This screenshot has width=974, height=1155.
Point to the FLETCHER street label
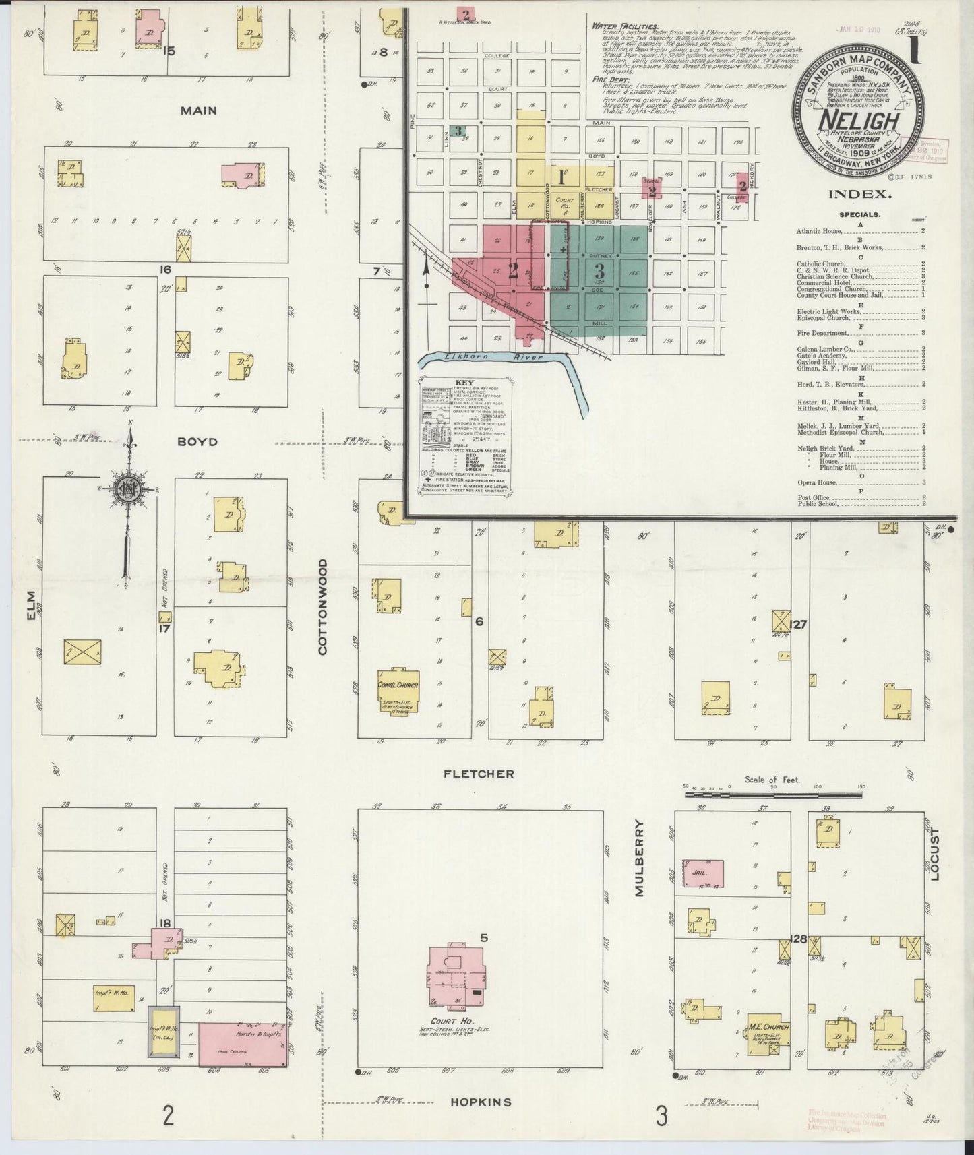[478, 774]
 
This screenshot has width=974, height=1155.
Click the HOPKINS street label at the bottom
[480, 1102]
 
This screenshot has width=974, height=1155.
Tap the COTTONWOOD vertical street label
[322, 606]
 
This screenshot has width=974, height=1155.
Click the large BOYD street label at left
[197, 442]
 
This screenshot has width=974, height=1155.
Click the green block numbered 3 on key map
[599, 272]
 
